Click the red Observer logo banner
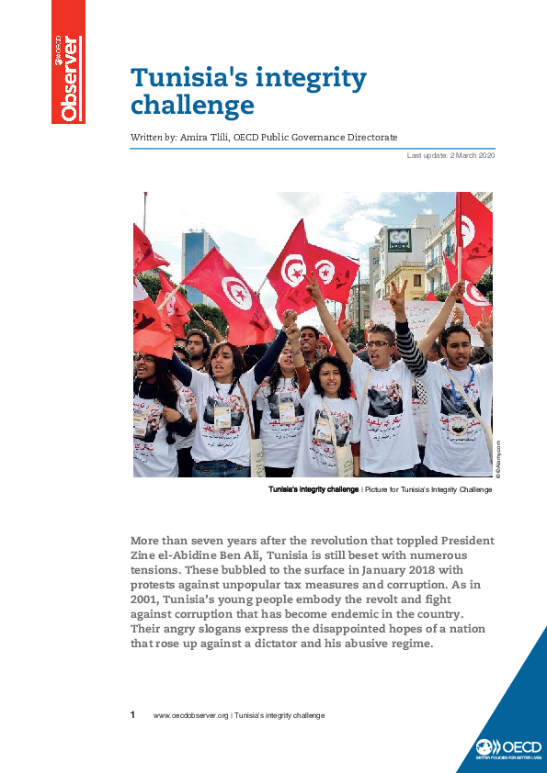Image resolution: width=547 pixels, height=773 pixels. point(68,62)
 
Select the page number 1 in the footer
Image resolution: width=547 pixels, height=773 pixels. point(133,714)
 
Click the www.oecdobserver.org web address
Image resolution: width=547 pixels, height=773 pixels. point(190,715)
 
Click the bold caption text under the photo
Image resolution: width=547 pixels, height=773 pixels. point(313,489)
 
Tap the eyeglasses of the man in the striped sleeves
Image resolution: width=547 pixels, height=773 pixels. point(379,344)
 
